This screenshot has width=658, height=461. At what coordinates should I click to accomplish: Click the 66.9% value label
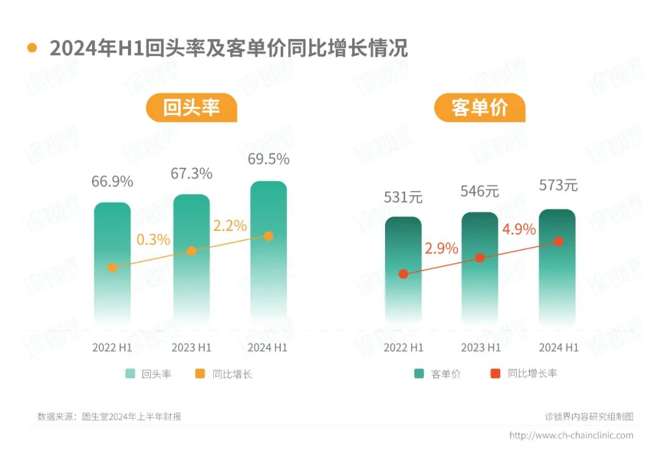(x=112, y=181)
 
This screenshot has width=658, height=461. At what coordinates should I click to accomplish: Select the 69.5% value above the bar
(x=268, y=160)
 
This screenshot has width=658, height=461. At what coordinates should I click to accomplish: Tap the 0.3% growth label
(x=153, y=239)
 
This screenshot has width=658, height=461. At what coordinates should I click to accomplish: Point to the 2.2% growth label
(x=230, y=226)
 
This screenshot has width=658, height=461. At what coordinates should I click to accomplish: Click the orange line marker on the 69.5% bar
(x=269, y=236)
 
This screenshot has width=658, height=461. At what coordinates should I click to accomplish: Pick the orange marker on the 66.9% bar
(x=112, y=267)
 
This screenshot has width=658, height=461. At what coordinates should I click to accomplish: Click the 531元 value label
(x=403, y=197)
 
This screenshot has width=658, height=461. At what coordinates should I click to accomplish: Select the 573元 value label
(x=558, y=185)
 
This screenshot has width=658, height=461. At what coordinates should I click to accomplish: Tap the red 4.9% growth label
(x=518, y=230)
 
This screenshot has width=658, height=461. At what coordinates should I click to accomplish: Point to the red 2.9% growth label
(x=441, y=248)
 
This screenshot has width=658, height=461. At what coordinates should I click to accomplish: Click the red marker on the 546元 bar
(x=480, y=258)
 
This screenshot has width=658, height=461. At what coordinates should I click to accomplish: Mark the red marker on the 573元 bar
(x=558, y=241)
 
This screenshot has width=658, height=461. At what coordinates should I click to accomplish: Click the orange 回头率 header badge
(x=191, y=108)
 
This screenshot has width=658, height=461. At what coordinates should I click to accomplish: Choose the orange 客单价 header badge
(x=479, y=108)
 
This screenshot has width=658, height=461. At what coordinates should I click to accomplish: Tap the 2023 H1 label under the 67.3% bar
(x=191, y=348)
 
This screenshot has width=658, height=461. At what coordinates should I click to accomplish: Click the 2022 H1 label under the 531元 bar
(x=403, y=348)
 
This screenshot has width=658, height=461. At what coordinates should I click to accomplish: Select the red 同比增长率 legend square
(x=495, y=373)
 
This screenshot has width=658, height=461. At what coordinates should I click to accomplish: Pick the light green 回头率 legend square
(x=130, y=374)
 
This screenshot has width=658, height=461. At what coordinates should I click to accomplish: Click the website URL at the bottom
(x=571, y=435)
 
